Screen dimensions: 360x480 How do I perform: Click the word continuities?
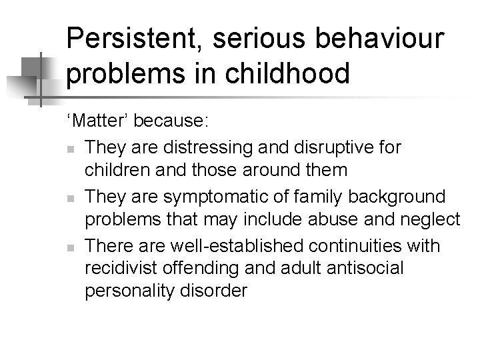pos(367,245)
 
